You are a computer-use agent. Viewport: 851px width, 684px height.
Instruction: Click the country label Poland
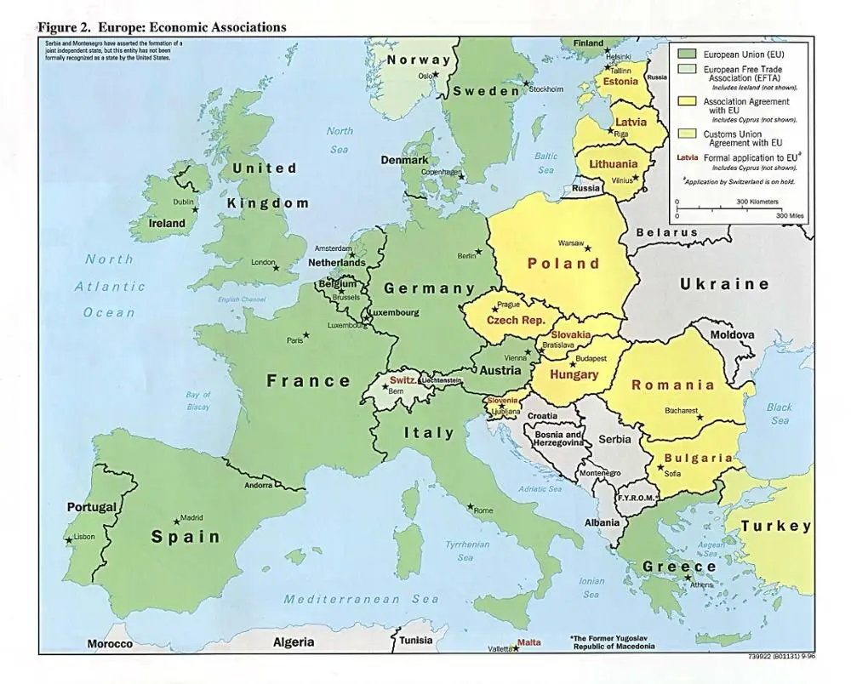pos(563,263)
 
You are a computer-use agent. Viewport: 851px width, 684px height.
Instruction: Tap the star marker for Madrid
pos(176,521)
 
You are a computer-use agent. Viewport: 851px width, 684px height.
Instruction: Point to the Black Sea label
pos(779,413)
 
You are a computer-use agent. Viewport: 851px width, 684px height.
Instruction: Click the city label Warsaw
pos(571,242)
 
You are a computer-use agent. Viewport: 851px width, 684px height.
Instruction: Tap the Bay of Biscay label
pos(197,401)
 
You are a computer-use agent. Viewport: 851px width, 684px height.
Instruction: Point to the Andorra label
pos(258,486)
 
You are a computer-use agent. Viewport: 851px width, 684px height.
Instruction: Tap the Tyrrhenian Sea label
pos(466,550)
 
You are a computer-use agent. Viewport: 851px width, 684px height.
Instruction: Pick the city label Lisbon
pos(84,537)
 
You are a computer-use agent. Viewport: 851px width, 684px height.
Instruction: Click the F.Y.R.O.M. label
pos(635,496)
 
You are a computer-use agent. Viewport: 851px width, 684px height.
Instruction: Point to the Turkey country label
pos(774,527)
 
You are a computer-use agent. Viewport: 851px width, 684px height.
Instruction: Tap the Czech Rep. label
pos(515,320)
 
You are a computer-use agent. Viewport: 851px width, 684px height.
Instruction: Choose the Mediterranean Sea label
pos(362,599)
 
